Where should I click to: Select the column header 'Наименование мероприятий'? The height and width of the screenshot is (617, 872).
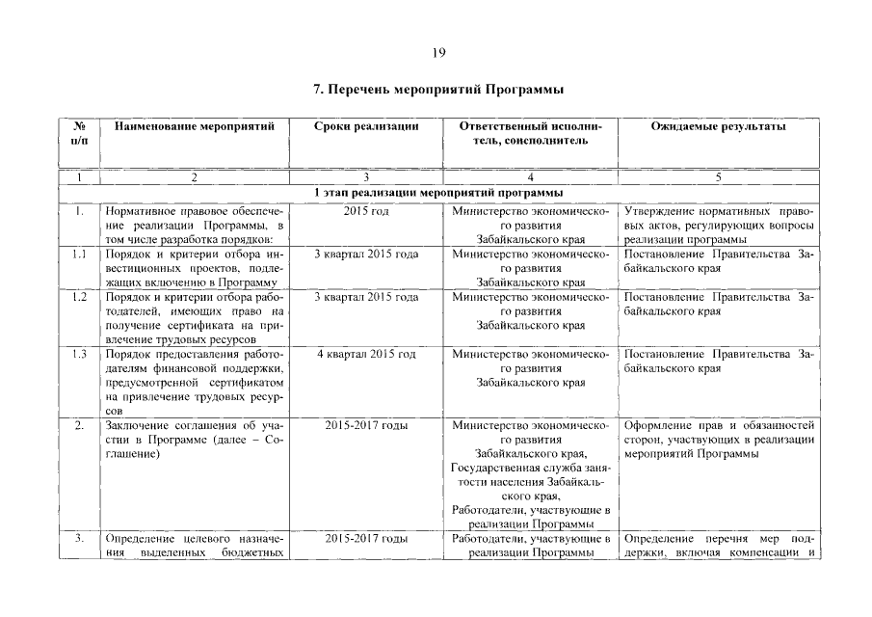pos(195,126)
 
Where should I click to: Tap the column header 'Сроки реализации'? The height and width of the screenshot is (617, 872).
pos(366,126)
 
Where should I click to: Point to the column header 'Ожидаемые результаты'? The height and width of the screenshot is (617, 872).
pos(717,126)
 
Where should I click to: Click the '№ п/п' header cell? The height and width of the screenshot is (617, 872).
pos(80,133)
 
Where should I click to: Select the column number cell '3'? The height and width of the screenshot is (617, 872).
pos(366,177)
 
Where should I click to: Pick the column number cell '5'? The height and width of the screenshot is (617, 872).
pos(717,177)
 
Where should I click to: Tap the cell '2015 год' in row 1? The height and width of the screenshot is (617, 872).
pos(366,211)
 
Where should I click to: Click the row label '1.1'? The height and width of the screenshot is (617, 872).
pos(80,254)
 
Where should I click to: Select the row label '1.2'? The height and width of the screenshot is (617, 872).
pos(80,297)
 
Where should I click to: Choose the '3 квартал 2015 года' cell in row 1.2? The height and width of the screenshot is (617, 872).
pos(366,297)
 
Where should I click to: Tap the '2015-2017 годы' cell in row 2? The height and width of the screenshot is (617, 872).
pos(366,424)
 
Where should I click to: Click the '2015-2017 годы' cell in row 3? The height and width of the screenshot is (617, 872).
pos(366,538)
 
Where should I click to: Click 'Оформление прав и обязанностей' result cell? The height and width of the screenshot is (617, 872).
pos(719,424)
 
